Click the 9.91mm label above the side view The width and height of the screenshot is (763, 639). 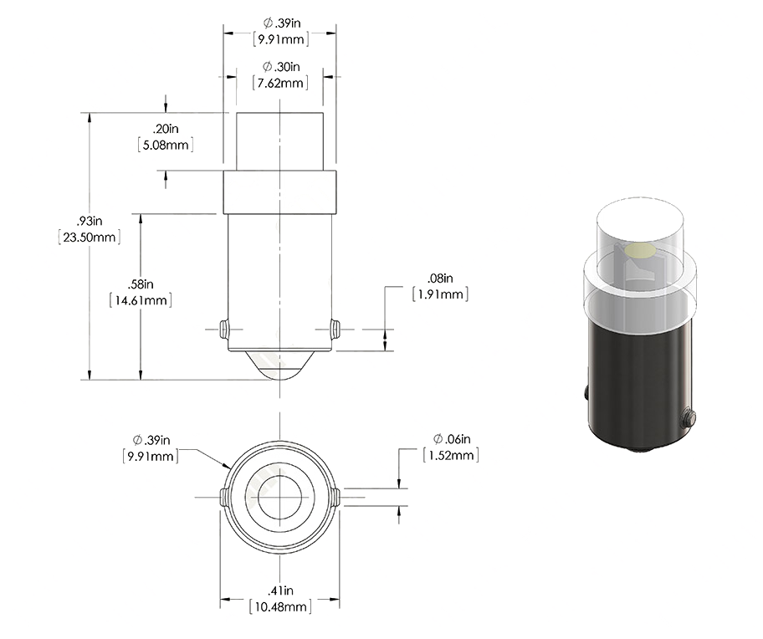click(x=280, y=38)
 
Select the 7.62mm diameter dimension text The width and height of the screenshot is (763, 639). click(x=280, y=82)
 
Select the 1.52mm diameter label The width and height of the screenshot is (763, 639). click(x=453, y=454)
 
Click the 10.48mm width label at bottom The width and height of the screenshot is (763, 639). click(x=280, y=606)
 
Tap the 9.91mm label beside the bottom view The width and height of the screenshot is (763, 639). click(x=151, y=456)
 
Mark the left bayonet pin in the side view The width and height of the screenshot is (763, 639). click(x=224, y=329)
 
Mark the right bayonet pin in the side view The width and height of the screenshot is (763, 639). click(x=335, y=329)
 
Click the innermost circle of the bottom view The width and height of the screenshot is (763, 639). click(x=279, y=497)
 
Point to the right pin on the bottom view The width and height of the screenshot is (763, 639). click(x=335, y=497)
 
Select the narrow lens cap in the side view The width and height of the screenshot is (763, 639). click(x=279, y=141)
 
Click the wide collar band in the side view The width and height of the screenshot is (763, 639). click(x=279, y=192)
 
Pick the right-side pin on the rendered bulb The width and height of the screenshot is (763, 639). click(x=689, y=415)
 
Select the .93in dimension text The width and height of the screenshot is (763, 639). click(x=89, y=222)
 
